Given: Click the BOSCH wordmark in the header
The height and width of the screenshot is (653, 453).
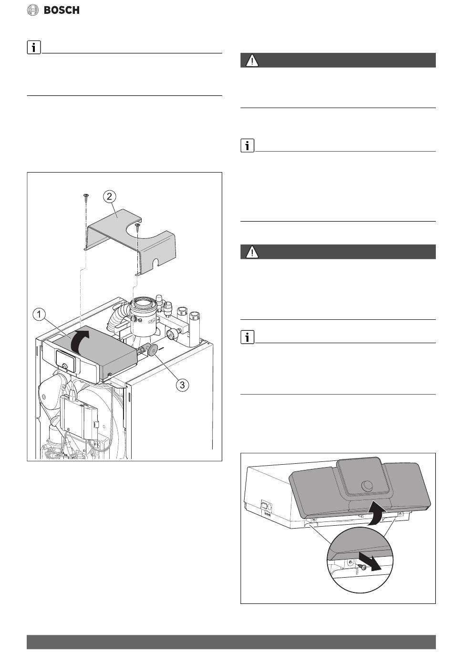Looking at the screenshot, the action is [62, 10].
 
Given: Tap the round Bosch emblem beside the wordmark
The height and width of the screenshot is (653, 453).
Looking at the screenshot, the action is [33, 10].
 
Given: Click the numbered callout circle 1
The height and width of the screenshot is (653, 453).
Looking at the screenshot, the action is [39, 315].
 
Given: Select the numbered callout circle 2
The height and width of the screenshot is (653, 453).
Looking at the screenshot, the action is [109, 196].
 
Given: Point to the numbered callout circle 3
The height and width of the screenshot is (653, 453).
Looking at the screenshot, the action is [182, 385].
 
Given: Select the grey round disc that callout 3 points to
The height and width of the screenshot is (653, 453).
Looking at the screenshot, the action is [152, 349].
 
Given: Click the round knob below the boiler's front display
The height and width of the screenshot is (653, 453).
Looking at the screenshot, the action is [65, 367].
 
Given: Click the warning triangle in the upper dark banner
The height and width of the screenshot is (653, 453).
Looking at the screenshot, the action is [252, 61].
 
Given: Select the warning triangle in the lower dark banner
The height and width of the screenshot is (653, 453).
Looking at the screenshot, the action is [252, 252].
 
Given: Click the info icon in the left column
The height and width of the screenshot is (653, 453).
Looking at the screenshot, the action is [34, 47].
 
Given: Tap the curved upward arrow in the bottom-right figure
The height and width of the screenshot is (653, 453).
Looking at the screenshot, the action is [377, 512].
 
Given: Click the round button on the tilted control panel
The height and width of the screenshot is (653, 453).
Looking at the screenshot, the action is [366, 485].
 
